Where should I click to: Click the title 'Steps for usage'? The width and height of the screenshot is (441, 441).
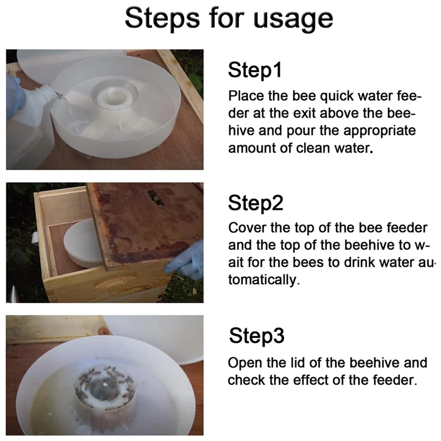point(229,19)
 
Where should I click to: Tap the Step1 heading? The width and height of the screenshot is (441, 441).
point(255,70)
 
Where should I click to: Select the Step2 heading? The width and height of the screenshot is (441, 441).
point(255,202)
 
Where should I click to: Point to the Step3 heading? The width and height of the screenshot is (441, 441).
point(256,335)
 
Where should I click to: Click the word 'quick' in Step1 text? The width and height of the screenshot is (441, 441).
point(337,96)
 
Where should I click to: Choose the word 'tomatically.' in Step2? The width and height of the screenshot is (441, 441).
point(264,280)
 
